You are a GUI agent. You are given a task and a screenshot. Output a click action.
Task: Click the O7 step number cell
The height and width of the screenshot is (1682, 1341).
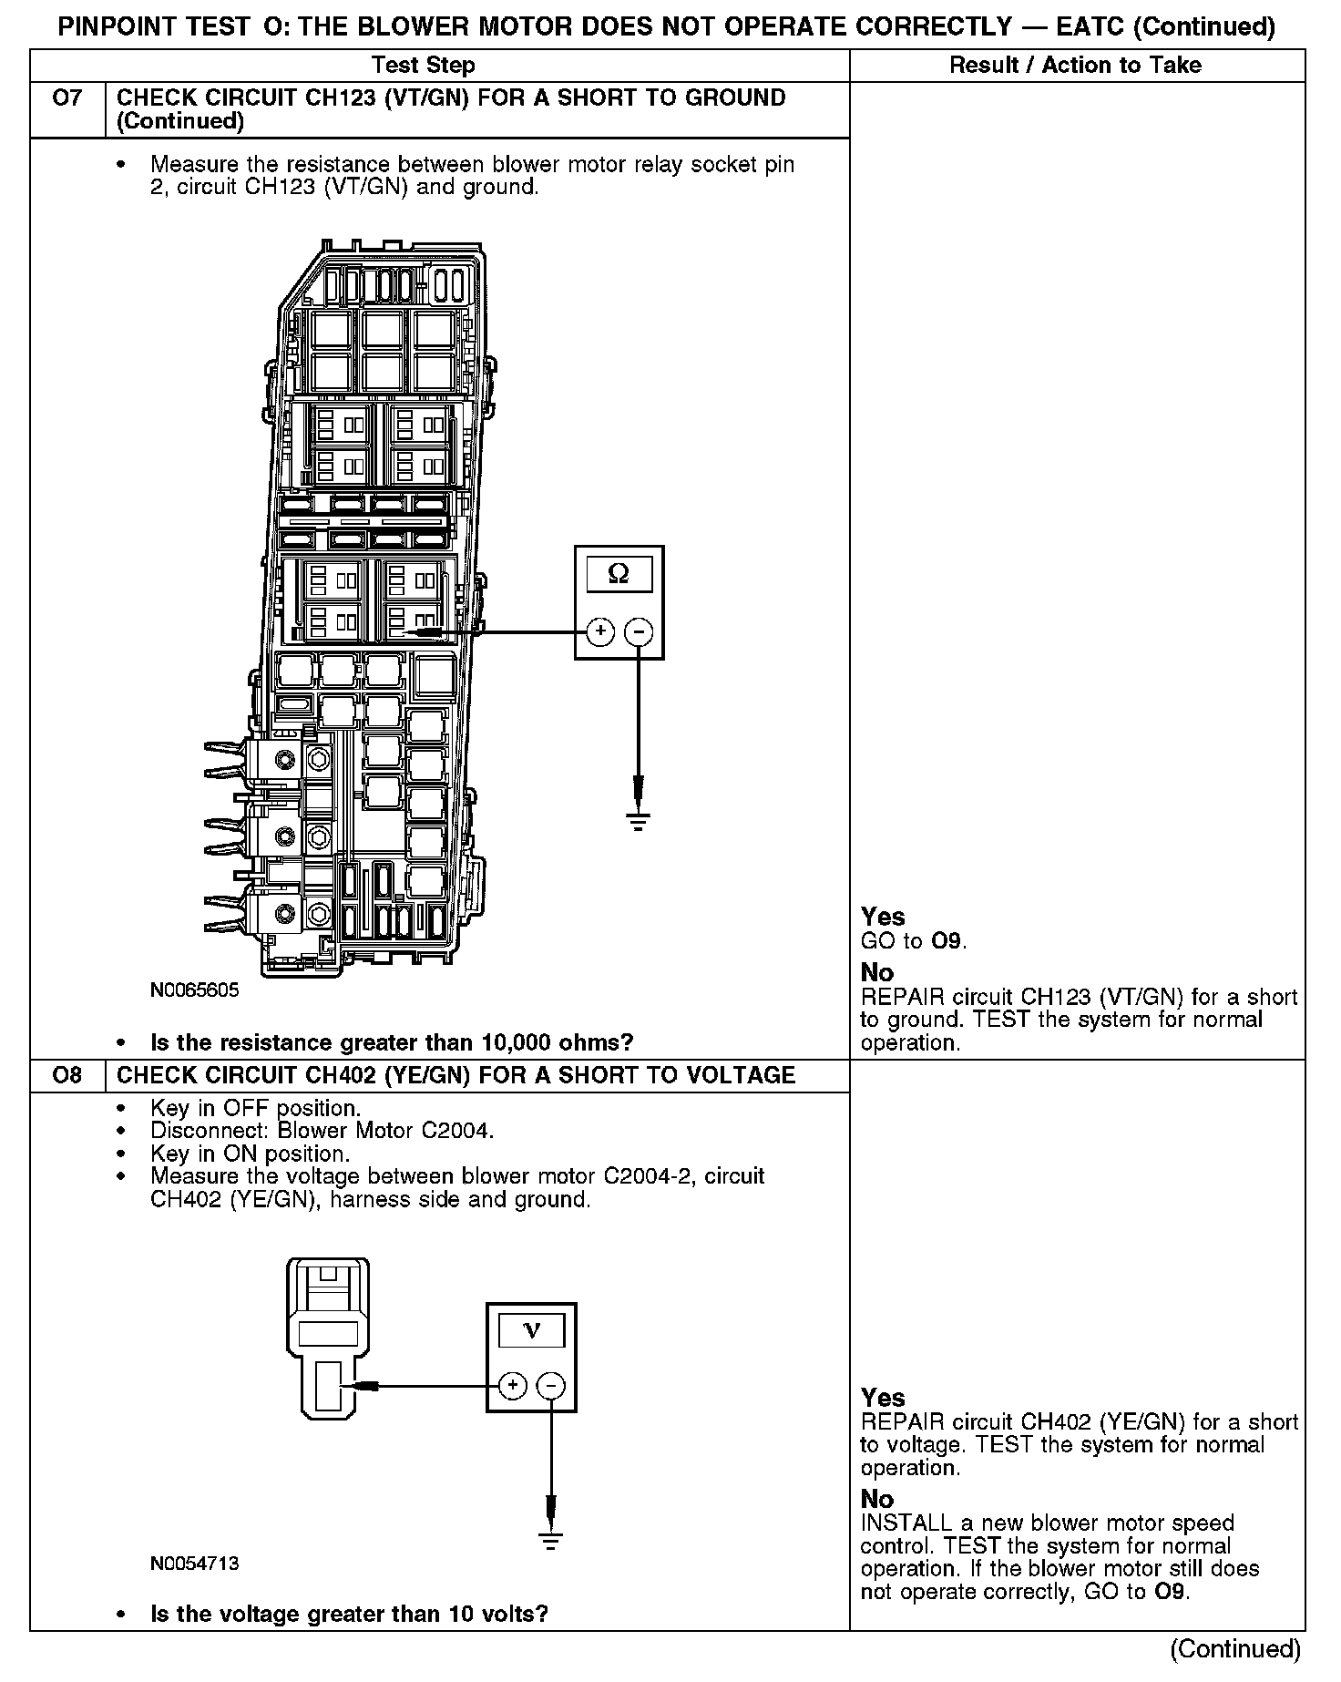(67, 98)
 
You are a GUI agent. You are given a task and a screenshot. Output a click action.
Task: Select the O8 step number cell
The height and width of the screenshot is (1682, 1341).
(67, 1075)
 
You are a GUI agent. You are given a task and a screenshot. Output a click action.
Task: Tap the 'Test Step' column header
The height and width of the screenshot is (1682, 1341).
(424, 66)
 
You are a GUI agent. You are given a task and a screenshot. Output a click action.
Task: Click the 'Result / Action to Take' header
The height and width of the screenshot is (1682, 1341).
(1075, 66)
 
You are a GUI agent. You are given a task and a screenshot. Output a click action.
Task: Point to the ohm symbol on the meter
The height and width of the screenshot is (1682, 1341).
(619, 574)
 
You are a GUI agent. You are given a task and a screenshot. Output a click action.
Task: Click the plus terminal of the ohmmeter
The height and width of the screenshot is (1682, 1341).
(599, 631)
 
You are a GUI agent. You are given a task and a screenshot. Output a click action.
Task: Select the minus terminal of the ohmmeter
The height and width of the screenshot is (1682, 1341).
(640, 631)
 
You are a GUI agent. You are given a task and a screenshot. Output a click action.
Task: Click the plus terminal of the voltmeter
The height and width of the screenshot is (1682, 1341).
(513, 1386)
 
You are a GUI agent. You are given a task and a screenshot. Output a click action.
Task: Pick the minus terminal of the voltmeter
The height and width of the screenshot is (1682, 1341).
(551, 1386)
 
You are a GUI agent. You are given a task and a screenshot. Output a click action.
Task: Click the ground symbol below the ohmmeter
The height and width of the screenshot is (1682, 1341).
(639, 821)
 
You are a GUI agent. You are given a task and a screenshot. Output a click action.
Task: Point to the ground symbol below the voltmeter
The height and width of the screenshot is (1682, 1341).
(550, 1541)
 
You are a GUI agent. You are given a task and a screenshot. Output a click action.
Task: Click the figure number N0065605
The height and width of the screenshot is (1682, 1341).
(195, 990)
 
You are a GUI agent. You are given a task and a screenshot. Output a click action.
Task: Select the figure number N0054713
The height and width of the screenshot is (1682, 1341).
(195, 1564)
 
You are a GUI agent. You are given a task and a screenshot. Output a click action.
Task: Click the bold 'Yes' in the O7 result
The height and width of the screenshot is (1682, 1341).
(883, 917)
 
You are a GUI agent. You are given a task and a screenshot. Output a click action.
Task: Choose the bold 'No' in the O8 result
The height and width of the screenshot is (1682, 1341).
(877, 1499)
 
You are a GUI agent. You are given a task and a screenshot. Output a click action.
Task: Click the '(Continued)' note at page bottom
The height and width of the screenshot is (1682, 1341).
(1235, 1648)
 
